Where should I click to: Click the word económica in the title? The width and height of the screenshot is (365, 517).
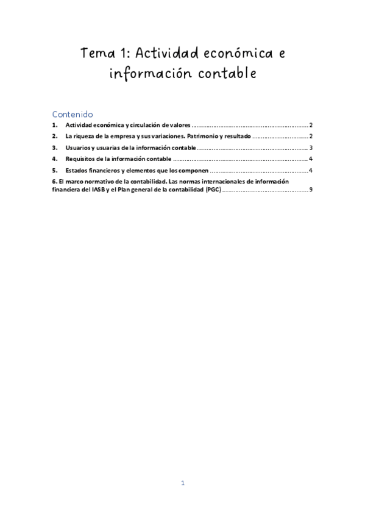[232, 53]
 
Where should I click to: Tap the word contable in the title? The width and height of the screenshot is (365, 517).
[225, 74]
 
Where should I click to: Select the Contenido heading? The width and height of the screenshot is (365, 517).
[72, 113]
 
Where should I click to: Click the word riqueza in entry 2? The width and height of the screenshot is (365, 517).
[87, 136]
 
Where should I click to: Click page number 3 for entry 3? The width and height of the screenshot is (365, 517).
[311, 148]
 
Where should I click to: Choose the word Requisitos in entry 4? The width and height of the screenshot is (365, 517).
[82, 159]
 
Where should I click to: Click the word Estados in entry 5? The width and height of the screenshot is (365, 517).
[77, 170]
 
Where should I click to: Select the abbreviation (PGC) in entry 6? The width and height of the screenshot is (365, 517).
[213, 190]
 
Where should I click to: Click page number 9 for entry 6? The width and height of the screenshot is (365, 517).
[311, 190]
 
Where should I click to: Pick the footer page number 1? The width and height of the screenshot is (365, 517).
[182, 483]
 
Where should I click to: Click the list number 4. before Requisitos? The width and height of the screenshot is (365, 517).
[55, 159]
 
